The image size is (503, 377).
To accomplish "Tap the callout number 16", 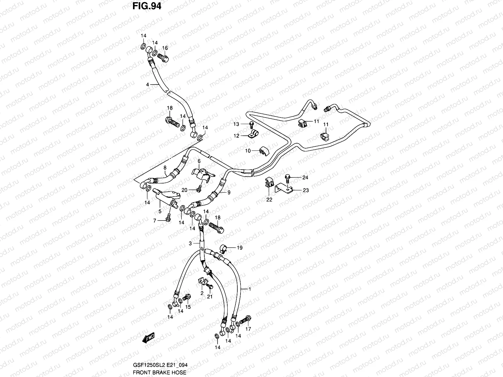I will click(165, 48).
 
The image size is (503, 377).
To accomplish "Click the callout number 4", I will click(147, 84).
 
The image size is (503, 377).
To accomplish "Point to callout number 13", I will click(236, 124).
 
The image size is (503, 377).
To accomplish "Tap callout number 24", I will click(305, 178).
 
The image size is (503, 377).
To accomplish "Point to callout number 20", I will click(184, 190).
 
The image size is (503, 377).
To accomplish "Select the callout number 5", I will click(160, 211).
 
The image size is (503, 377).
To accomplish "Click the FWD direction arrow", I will click(148, 338).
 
